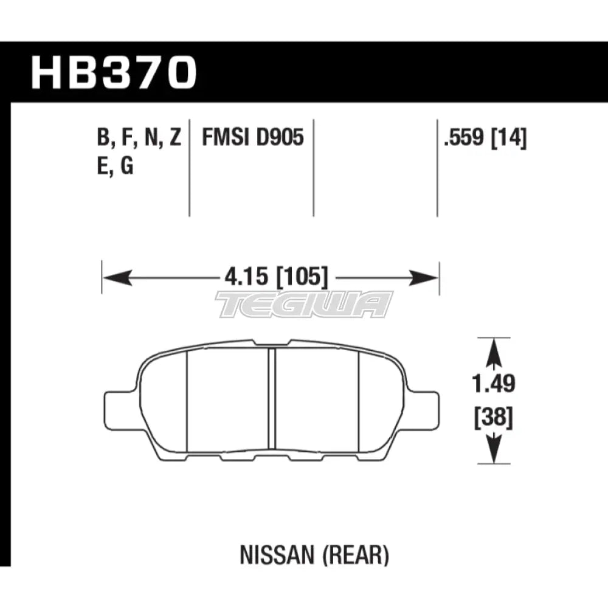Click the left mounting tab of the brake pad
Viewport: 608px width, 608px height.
point(119,406)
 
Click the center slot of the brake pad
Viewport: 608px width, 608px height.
point(272,398)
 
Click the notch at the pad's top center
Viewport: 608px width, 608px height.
point(271,343)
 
